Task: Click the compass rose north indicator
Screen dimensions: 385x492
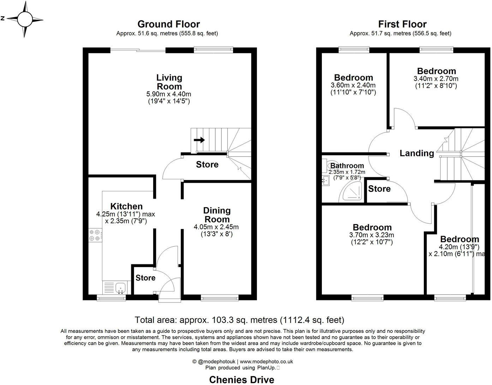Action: pos(24,19)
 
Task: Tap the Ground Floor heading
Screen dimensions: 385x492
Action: pos(168,24)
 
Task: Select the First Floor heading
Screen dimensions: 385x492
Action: pos(402,24)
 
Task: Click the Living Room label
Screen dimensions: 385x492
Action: pos(169,82)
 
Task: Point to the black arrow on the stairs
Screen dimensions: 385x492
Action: pos(199,140)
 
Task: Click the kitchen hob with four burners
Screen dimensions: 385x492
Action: pos(95,235)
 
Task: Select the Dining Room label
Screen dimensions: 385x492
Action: pos(217,215)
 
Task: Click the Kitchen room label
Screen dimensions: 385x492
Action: pos(126,206)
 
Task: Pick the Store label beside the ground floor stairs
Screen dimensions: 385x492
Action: pos(207,164)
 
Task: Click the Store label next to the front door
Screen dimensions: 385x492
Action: pos(145,278)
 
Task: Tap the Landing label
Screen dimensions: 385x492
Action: pos(416,153)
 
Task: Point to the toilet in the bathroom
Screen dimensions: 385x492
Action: pos(331,165)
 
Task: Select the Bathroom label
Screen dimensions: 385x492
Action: pos(347,166)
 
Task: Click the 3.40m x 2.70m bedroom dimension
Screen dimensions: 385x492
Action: pos(436,79)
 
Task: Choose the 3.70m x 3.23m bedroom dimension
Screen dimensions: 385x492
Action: pos(372,235)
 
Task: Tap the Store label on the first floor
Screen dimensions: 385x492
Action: pos(379,189)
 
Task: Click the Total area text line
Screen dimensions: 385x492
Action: pos(239,320)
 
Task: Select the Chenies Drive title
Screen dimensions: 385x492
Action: pos(241,380)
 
